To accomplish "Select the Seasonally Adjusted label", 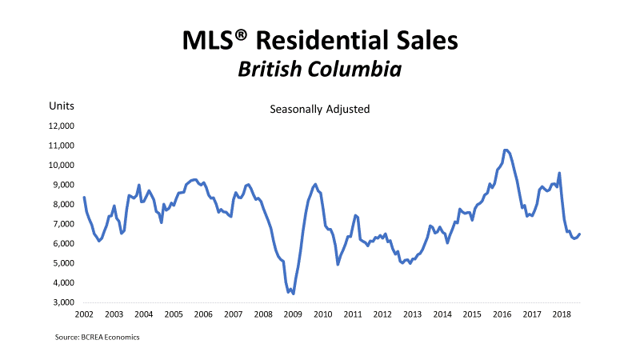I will click(x=319, y=109).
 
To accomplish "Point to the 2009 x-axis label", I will click(x=293, y=314).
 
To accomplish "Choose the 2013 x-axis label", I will click(x=412, y=314).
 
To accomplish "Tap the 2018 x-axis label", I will click(x=561, y=314).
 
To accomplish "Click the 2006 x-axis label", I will click(x=203, y=314).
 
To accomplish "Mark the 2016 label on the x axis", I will click(x=502, y=314).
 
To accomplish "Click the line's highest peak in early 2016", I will click(x=506, y=150).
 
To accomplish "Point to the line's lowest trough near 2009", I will click(x=294, y=294).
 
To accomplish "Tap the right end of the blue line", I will click(x=580, y=234).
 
